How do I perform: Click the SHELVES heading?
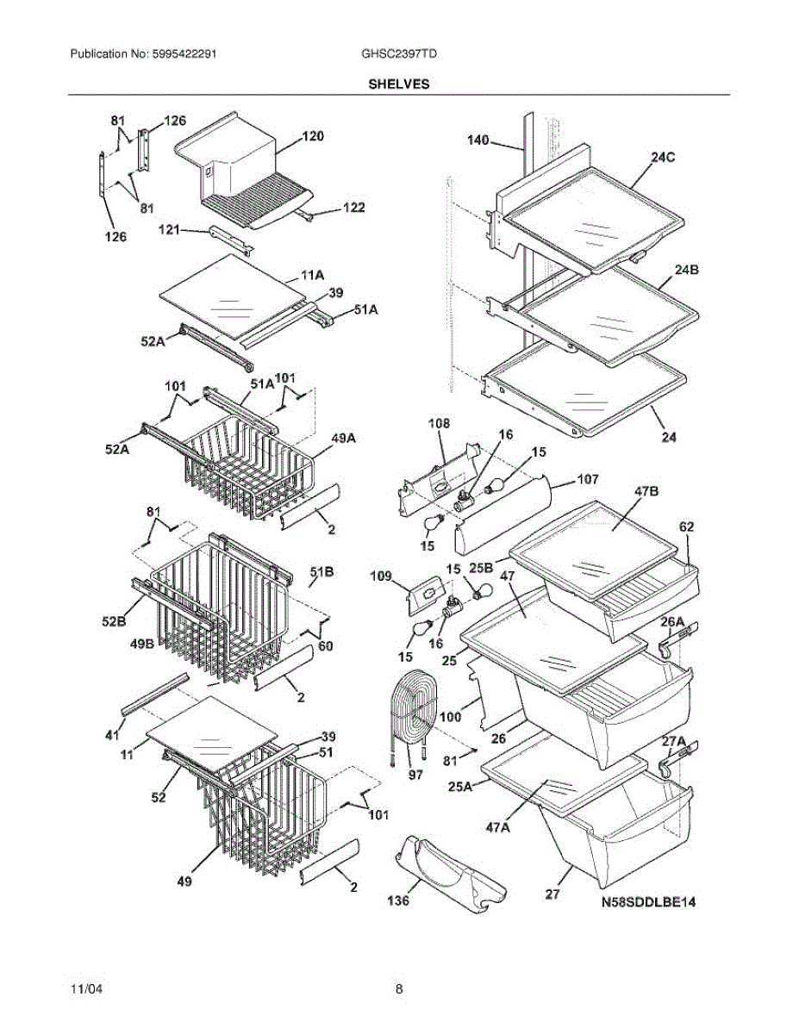399,84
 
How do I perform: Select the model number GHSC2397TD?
399,53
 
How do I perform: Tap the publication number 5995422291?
184,53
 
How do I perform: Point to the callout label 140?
478,140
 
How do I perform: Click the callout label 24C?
663,157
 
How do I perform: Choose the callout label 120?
313,136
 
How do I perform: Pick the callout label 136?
398,900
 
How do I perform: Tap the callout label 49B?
142,645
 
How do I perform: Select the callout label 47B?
646,491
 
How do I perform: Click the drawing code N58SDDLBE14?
648,901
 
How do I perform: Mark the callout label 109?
381,576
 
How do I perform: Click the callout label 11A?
313,275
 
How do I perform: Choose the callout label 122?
354,208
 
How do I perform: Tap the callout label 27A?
674,741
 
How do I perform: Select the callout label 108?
439,423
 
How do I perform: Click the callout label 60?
326,646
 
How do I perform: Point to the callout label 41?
112,735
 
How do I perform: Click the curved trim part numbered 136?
450,875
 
